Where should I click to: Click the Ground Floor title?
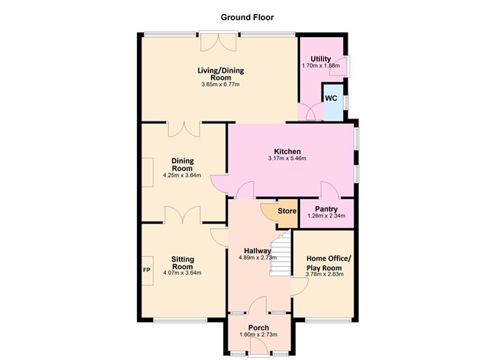pyautogui.click(x=247, y=16)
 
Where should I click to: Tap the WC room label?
pyautogui.click(x=331, y=98)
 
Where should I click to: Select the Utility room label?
pyautogui.click(x=321, y=59)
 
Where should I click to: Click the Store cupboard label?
pyautogui.click(x=287, y=211)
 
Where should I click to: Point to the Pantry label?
pyautogui.click(x=326, y=209)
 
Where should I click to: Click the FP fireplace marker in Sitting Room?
pyautogui.click(x=147, y=269)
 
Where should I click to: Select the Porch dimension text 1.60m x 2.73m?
pyautogui.click(x=249, y=336)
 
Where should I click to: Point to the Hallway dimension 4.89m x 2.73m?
pyautogui.click(x=257, y=258)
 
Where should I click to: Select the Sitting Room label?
pyautogui.click(x=182, y=263)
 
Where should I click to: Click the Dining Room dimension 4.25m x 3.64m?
pyautogui.click(x=182, y=176)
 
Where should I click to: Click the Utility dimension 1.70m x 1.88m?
pyautogui.click(x=321, y=66)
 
